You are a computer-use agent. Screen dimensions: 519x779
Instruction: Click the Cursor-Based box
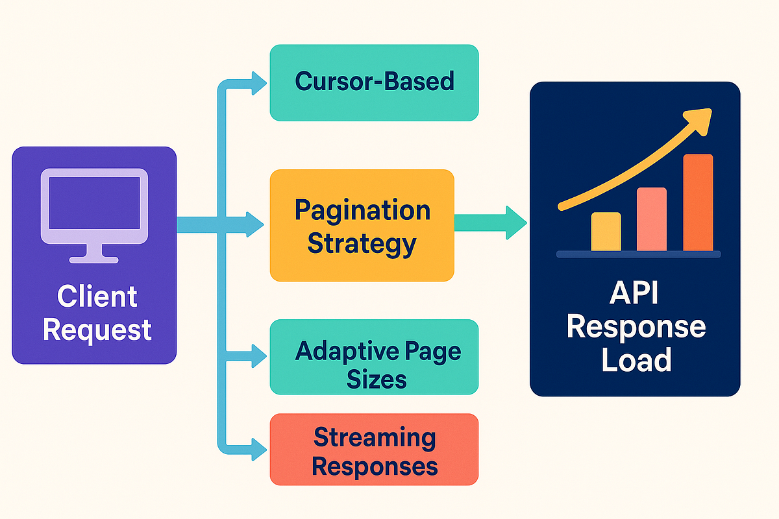point(374,82)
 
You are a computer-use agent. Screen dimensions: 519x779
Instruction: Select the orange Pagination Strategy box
point(362,225)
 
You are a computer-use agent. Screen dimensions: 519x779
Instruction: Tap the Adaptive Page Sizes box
point(374,357)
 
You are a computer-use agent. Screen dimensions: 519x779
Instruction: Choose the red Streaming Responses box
point(374,450)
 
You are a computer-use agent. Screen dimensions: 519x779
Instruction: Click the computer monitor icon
point(94,215)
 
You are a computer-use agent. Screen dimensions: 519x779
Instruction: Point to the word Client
point(97,297)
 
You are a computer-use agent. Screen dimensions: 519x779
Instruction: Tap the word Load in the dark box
point(635,360)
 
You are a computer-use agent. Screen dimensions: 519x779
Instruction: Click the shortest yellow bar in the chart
point(606,232)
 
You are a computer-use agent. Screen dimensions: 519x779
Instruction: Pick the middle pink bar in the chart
point(652,219)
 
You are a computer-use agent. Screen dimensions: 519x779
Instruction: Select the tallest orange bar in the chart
point(698,202)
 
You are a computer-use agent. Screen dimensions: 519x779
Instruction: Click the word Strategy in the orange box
point(362,244)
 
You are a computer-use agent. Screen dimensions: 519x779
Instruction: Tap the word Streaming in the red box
point(374,437)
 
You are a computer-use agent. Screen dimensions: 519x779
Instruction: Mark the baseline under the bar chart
point(639,255)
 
